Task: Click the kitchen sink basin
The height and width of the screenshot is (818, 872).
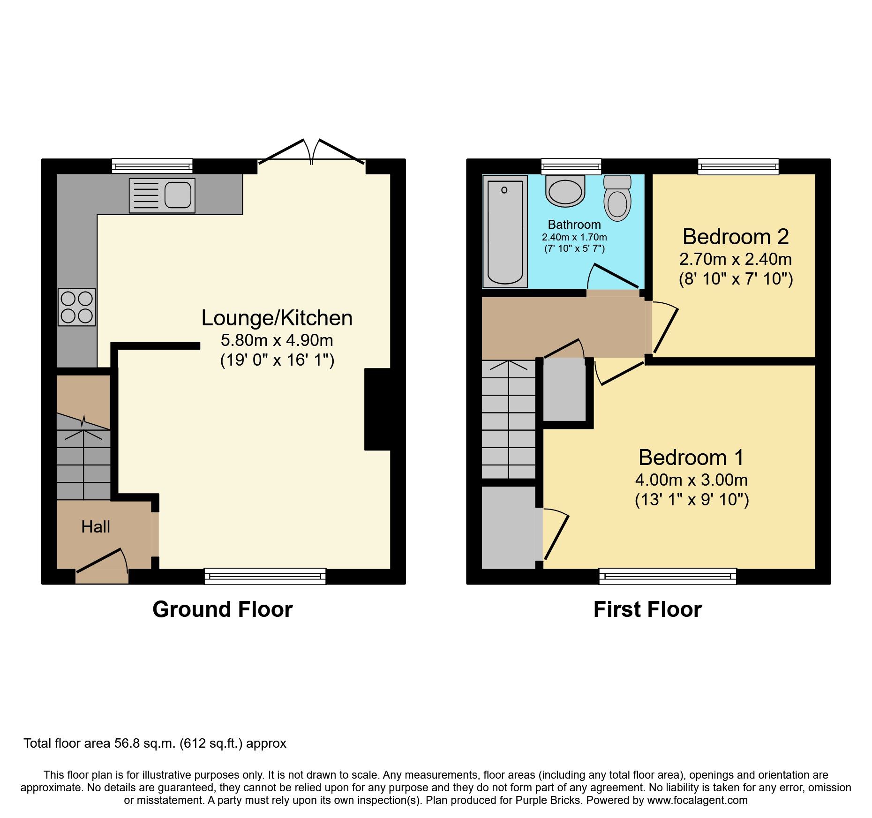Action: (x=178, y=195)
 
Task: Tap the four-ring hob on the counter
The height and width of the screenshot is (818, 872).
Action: (x=77, y=307)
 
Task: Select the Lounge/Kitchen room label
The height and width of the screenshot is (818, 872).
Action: (x=277, y=318)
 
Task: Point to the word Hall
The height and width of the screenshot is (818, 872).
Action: (x=96, y=527)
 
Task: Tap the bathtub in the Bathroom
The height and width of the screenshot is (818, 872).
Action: (x=505, y=232)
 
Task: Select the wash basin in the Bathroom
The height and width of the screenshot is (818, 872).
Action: (x=565, y=191)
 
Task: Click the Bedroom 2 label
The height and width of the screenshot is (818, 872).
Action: (x=735, y=237)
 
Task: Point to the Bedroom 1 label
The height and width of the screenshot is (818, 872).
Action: (x=691, y=458)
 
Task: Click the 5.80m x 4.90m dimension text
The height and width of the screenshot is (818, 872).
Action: (x=277, y=340)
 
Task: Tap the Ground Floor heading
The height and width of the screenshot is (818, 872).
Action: (x=222, y=609)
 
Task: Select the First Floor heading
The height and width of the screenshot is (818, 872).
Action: (x=647, y=609)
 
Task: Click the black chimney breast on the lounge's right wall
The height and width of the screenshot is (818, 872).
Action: (x=377, y=409)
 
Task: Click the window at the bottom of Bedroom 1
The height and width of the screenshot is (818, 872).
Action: (x=668, y=576)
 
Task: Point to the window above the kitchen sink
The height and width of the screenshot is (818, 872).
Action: (x=152, y=166)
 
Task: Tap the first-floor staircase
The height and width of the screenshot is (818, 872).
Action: (x=509, y=420)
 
